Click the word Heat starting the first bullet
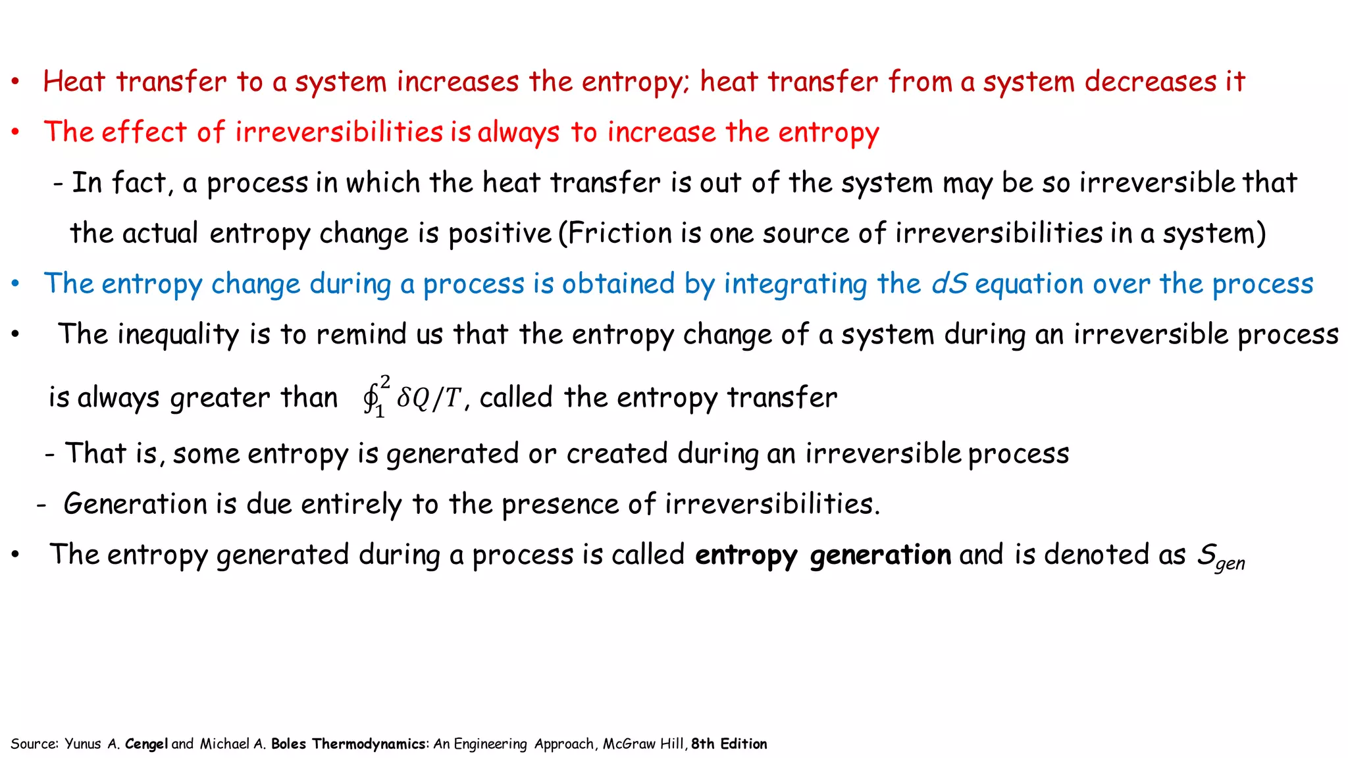(74, 82)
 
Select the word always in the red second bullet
(519, 133)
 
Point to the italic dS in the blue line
(949, 284)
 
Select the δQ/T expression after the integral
(428, 397)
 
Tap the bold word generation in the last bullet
(880, 555)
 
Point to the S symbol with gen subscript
(1219, 556)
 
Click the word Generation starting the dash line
(135, 505)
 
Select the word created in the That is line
(616, 454)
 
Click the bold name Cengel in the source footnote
(146, 744)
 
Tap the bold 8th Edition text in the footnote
(729, 744)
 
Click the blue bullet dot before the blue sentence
(15, 284)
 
